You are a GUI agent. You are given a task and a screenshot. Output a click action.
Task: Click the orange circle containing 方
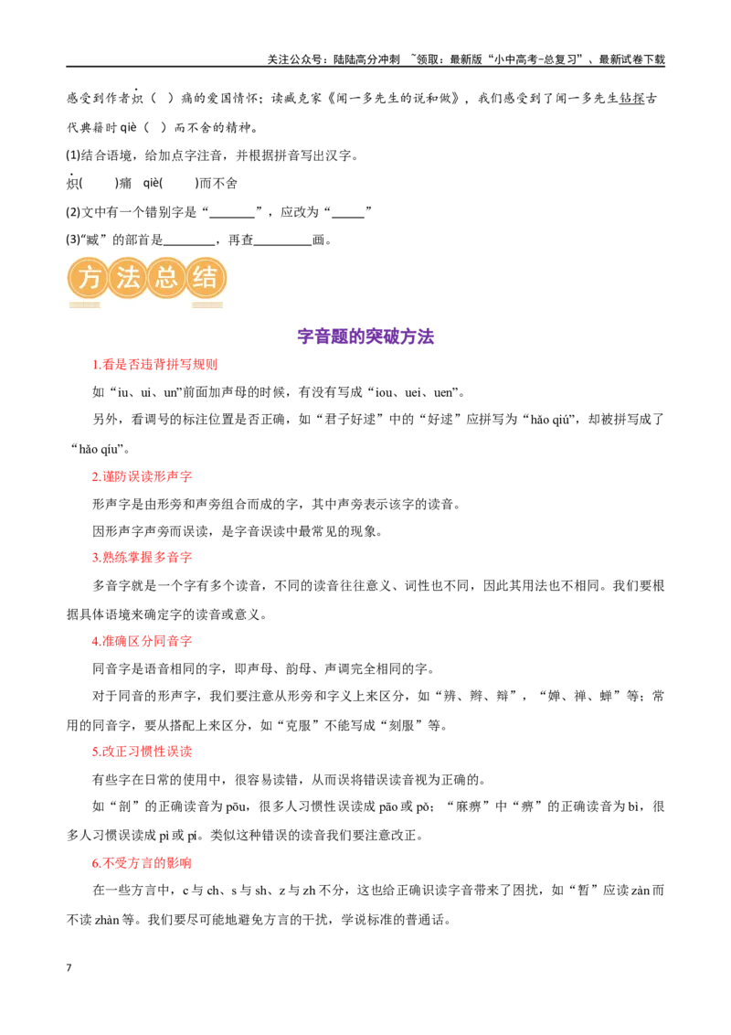coord(89,278)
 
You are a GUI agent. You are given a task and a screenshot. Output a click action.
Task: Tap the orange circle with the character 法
coord(128,278)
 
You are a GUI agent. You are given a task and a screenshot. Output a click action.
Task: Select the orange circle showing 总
coord(166,278)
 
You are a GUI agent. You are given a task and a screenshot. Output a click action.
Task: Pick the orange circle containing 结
coord(206,278)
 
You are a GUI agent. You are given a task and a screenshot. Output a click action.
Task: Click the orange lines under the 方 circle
coord(85,304)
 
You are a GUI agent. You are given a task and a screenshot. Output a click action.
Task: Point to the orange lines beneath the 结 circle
coord(207,304)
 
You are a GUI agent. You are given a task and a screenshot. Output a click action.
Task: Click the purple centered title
coord(366,337)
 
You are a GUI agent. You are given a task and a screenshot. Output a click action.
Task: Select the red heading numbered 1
coord(154,365)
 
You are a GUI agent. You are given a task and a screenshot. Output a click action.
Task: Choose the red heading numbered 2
coord(142,476)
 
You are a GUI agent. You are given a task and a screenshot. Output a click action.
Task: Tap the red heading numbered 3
coord(142,557)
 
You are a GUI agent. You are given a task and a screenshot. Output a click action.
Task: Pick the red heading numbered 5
coord(142,752)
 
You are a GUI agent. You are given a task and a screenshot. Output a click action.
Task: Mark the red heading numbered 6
coord(142,863)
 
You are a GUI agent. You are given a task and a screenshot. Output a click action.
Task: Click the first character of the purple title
coord(304,337)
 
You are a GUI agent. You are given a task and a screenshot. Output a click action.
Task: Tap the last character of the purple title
coord(429,337)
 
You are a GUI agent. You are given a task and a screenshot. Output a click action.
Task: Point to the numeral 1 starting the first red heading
coord(93,365)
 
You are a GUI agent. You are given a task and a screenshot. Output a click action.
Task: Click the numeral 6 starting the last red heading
coord(93,863)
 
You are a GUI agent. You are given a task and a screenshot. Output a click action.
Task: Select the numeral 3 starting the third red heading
coord(93,557)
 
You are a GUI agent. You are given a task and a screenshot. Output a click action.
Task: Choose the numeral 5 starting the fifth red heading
coord(93,752)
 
